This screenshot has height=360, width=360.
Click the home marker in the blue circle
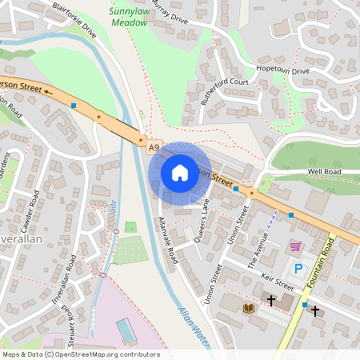pyautogui.click(x=179, y=172)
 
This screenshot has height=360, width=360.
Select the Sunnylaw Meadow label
pyautogui.click(x=129, y=18)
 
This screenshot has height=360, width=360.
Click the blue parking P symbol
pyautogui.click(x=299, y=269)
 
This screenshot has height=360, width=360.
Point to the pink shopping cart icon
pyautogui.click(x=295, y=246)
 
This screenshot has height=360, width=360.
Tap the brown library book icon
pyautogui.click(x=248, y=307)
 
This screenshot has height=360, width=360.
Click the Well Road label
pyautogui.click(x=324, y=172)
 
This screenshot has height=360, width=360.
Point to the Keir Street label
pyautogui.click(x=278, y=283)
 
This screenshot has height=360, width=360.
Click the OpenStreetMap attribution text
pyautogui.click(x=81, y=354)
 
